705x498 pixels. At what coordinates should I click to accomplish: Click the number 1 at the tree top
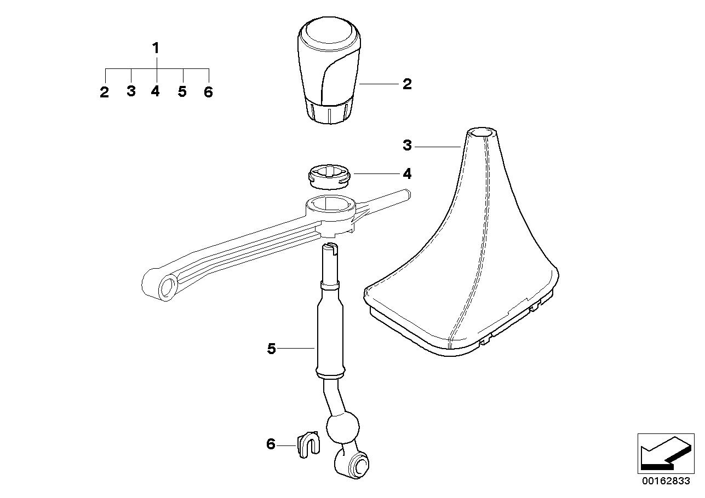156,48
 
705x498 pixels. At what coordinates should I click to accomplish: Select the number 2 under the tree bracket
105,92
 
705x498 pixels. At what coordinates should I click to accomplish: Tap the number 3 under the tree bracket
131,91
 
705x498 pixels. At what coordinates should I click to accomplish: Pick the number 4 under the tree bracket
156,91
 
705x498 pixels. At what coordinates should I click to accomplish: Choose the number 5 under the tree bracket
182,91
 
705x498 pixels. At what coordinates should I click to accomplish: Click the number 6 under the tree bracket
208,92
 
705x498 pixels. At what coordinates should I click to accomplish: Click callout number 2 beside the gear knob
406,84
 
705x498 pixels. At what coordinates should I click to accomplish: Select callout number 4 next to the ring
406,173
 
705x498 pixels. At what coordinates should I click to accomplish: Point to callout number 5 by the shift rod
272,348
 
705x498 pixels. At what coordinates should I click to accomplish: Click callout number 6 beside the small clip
271,444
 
